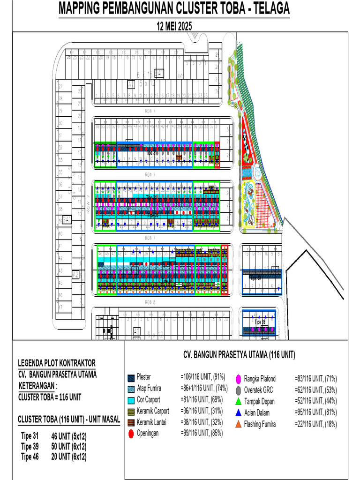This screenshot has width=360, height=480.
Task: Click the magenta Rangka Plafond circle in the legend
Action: (238, 378)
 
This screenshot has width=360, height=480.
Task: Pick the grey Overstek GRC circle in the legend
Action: (238, 390)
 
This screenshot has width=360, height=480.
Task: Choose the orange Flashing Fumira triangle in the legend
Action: (238, 424)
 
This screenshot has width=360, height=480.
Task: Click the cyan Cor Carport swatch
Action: (131, 400)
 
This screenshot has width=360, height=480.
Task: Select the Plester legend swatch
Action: (131, 377)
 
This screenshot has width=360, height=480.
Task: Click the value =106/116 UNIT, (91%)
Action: (202, 377)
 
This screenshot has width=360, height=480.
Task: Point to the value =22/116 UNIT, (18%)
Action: (315, 424)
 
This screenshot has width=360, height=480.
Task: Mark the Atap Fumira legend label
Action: (150, 389)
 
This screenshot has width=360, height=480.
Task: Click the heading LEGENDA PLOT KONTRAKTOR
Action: (57, 363)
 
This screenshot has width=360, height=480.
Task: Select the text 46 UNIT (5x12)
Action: (69, 436)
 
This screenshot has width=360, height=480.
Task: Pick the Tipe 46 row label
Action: (30, 456)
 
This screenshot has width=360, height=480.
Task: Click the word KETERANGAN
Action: (37, 386)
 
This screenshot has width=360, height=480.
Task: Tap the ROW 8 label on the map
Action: (150, 302)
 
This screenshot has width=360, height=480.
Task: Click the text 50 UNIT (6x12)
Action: (69, 446)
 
